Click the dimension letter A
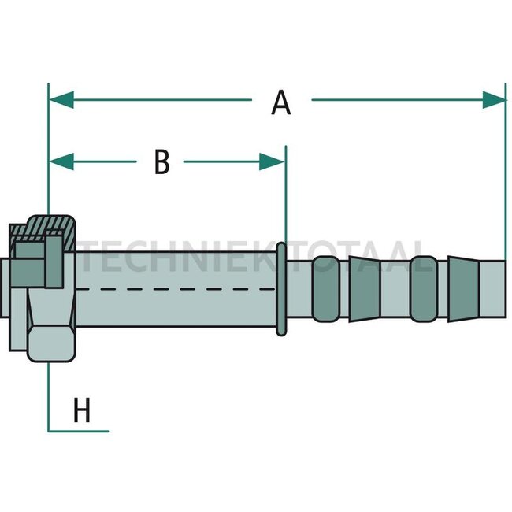coord(281,102)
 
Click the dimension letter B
coord(162,161)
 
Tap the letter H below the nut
coord(82,410)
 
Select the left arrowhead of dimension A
coord(61,99)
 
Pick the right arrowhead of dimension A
coord(495,99)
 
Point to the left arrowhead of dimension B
coord(61,161)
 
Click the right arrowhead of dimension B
coord(272,161)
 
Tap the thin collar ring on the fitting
coord(281,289)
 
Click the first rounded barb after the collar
coord(325,289)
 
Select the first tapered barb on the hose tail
coord(365,289)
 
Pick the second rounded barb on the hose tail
coord(424,289)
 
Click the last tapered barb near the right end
coord(463,289)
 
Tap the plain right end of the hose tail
coord(493,289)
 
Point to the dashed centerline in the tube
coord(176,289)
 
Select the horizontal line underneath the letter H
coord(79,432)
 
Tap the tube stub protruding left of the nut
coord(5,289)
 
